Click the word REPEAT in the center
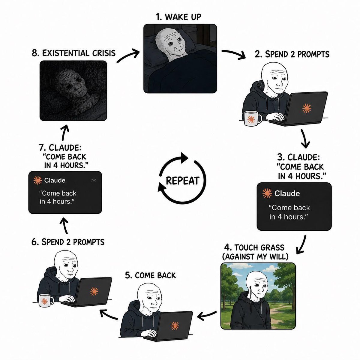tap(182, 181)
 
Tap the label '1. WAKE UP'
tap(178, 17)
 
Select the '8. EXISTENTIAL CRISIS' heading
tap(73, 53)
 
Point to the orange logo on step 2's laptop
tap(307, 108)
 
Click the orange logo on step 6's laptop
tap(94, 291)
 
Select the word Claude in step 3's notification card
tap(287, 193)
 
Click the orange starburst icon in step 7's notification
tap(37, 181)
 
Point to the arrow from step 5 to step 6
tap(109, 314)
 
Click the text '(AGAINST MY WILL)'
tap(255, 256)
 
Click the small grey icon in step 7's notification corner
tap(94, 180)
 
